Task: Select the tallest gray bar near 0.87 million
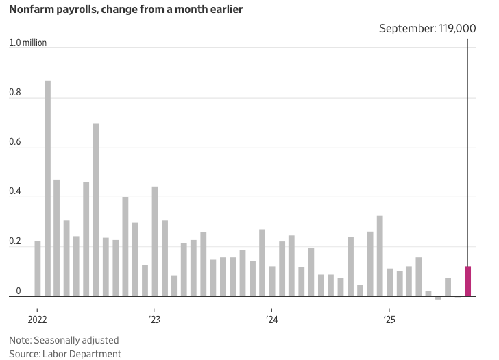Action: tap(47, 189)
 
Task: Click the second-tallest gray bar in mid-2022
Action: tap(96, 210)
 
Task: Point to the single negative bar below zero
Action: tap(438, 298)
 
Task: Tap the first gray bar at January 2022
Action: tap(38, 268)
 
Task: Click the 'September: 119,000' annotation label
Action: tap(428, 29)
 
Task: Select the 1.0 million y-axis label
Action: tap(28, 43)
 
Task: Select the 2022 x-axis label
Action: tap(38, 320)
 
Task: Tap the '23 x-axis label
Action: tap(155, 320)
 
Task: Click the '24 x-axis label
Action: tap(272, 320)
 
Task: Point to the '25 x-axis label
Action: tap(389, 320)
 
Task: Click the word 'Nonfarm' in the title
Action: tap(33, 10)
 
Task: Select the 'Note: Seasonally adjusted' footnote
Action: tap(64, 340)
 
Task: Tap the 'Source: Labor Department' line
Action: tap(65, 354)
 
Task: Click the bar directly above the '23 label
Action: tap(155, 241)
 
